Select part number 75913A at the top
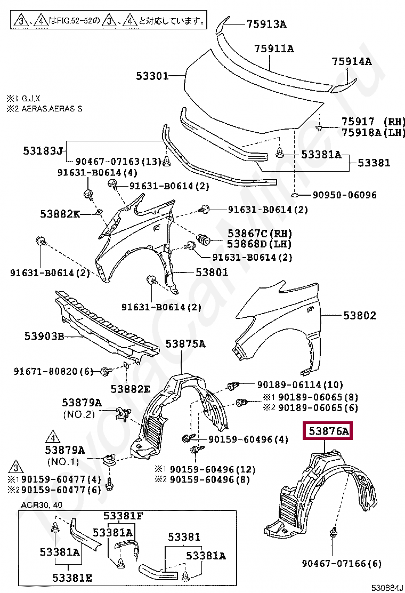tap(266, 23)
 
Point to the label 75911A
tap(274, 49)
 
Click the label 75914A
tap(352, 61)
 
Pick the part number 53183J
tap(43, 151)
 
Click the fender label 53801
tap(212, 272)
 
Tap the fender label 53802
tap(359, 316)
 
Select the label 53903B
tap(44, 336)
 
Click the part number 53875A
tap(184, 344)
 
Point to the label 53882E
tap(131, 389)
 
